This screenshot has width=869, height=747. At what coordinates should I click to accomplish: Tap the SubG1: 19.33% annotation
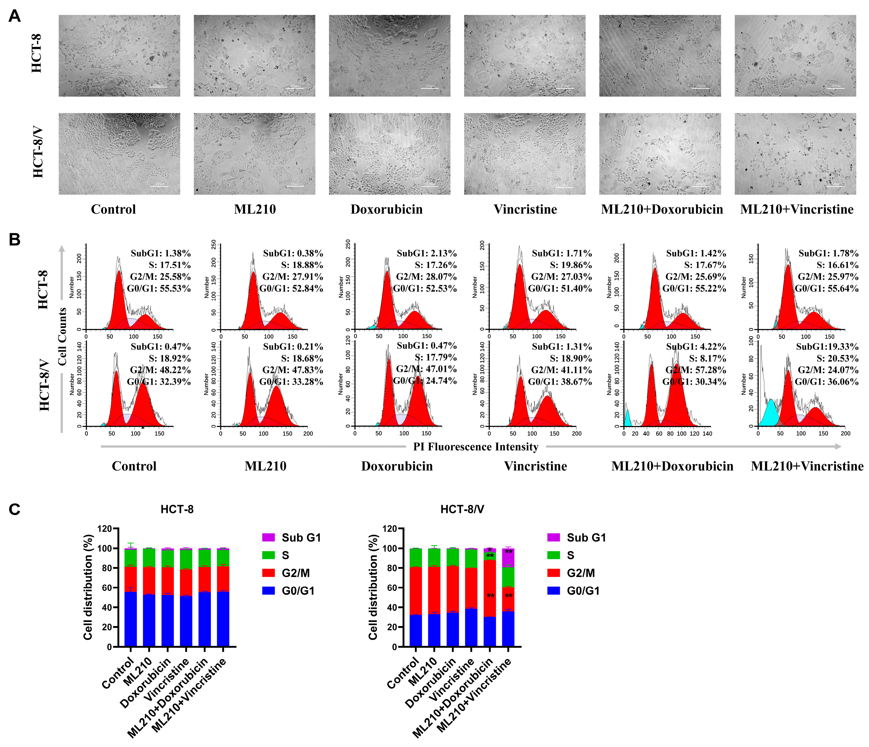827,347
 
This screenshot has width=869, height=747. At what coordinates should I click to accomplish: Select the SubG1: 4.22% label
696,347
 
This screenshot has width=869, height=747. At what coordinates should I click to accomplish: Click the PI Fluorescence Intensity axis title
476,447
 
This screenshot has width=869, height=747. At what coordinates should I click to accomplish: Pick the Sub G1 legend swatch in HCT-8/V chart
554,537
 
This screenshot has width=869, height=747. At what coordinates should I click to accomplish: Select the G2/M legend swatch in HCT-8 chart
268,573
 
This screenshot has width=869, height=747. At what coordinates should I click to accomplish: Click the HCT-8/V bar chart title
462,509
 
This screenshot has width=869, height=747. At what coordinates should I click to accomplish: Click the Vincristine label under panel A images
525,209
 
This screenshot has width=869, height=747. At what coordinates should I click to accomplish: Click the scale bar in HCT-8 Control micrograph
158,87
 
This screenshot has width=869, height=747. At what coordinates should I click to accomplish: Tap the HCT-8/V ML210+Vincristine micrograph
795,153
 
